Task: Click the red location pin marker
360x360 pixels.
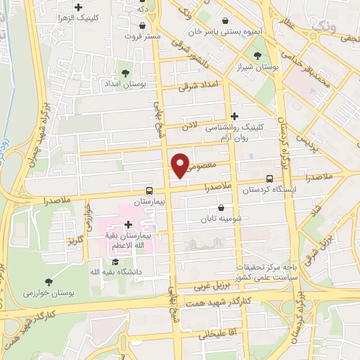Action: pyautogui.click(x=181, y=165)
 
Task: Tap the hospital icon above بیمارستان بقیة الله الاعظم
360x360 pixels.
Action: pyautogui.click(x=127, y=224)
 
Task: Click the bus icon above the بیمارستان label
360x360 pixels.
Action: pyautogui.click(x=148, y=190)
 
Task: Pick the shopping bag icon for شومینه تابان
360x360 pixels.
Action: pyautogui.click(x=222, y=207)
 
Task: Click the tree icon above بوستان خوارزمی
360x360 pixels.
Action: pyautogui.click(x=48, y=281)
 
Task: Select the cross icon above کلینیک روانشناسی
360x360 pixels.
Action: pyautogui.click(x=234, y=116)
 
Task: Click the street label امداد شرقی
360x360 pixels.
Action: pyautogui.click(x=199, y=86)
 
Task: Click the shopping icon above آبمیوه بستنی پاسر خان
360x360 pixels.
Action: pyautogui.click(x=224, y=20)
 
